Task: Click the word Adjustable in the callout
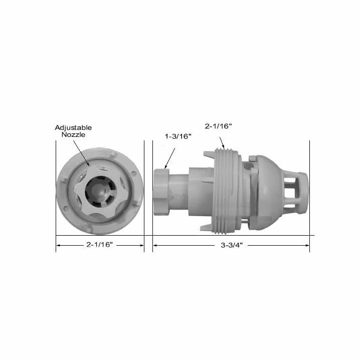coord(73,128)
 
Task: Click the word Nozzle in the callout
coord(73,134)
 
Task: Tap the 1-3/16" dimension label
coord(178,136)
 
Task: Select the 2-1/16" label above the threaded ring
coord(218,126)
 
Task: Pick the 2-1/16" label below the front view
coord(100,245)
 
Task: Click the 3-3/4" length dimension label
coord(232,245)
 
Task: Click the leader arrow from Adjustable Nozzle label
coord(81,153)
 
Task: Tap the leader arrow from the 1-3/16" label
coord(170,158)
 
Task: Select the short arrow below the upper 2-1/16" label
coord(222,143)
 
